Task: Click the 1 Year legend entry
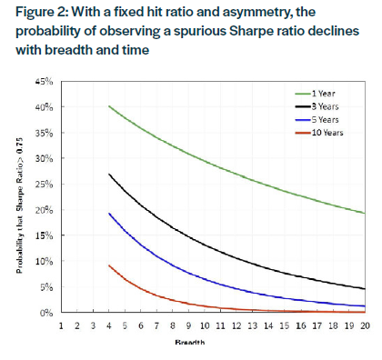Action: click(324, 93)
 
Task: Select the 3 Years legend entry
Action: click(326, 106)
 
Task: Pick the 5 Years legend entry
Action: click(326, 119)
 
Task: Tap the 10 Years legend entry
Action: click(327, 133)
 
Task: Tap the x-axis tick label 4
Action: click(109, 325)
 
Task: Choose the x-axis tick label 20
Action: click(365, 325)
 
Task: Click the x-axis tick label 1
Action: click(61, 325)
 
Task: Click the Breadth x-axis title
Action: click(212, 344)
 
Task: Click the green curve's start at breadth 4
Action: click(109, 106)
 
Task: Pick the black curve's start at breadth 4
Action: click(109, 174)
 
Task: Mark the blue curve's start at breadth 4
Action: click(109, 214)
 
